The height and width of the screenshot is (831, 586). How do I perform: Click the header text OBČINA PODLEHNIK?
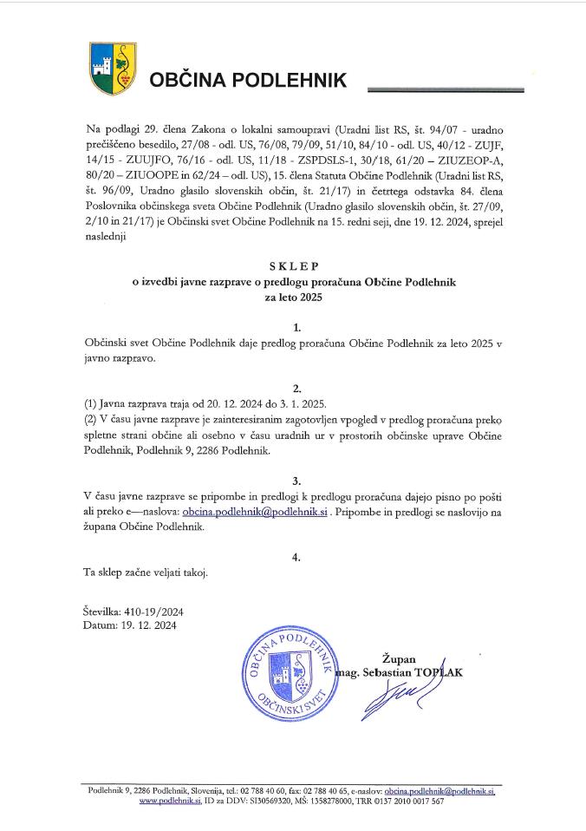pos(248,81)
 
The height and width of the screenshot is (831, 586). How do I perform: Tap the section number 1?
pos(297,327)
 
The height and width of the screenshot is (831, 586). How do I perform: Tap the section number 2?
pos(297,388)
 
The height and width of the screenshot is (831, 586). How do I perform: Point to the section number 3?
pos(297,479)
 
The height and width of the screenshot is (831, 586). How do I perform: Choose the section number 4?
pos(297,556)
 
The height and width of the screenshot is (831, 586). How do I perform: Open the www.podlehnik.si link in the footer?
pos(170,802)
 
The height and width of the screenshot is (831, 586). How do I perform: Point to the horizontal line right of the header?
pos(446,88)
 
